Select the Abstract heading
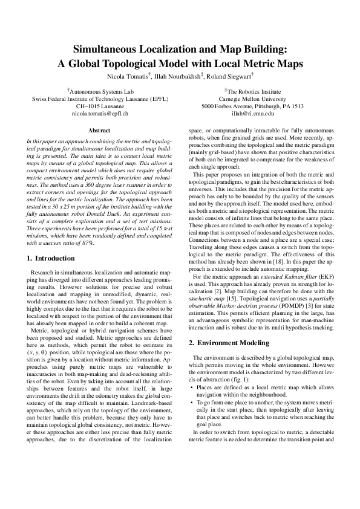[x=99, y=131]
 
